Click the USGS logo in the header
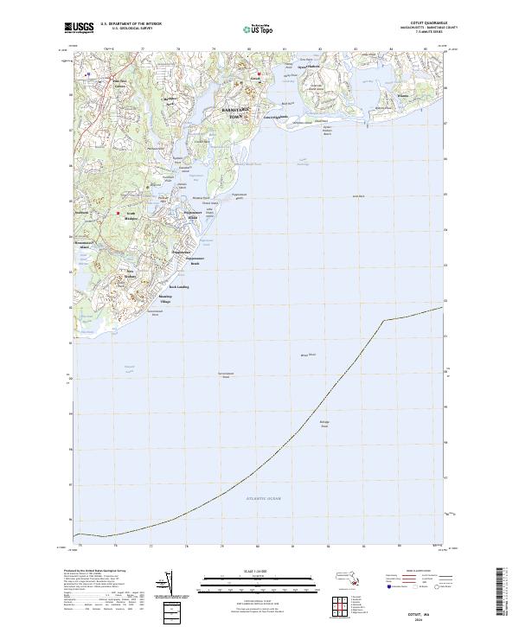[x=80, y=29]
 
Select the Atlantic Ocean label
[x=264, y=500]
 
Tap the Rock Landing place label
[x=178, y=286]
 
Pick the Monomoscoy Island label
[x=83, y=245]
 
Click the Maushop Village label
[x=164, y=298]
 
